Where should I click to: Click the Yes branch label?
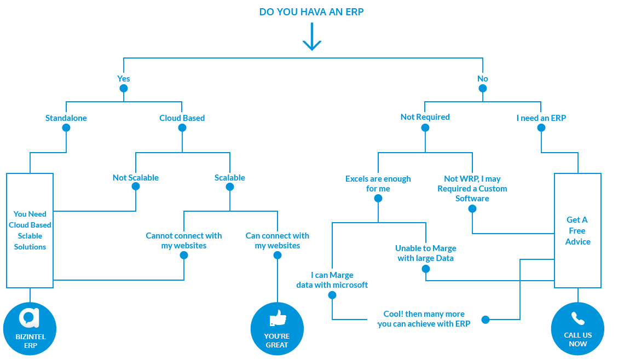pos(124,79)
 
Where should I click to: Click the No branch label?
pos(483,79)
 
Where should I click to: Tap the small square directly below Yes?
pos(124,88)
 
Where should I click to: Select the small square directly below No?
pos(483,88)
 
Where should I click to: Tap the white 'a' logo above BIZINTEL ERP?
pos(29,318)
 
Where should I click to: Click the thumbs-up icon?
pos(278,318)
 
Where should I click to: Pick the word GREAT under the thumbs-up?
pos(277,345)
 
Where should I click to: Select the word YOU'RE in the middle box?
pos(277,336)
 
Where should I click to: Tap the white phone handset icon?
pos(577,318)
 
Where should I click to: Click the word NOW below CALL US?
pos(577,344)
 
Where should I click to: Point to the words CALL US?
pos(577,335)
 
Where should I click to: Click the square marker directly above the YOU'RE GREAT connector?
pos(278,256)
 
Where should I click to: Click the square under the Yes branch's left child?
pos(66,127)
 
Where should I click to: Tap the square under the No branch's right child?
pos(541,127)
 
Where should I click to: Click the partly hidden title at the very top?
pos(311,11)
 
